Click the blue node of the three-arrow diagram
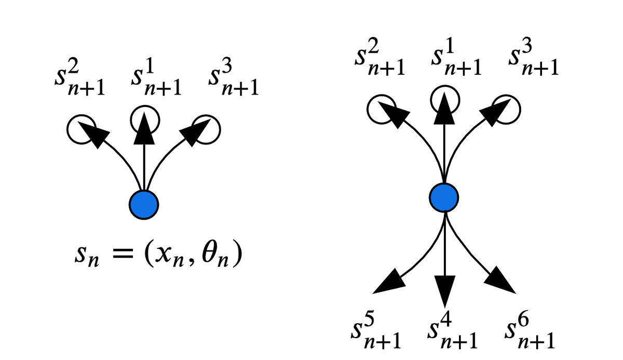pyautogui.click(x=143, y=205)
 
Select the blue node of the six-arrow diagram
pyautogui.click(x=444, y=197)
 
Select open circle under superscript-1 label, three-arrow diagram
pyautogui.click(x=144, y=120)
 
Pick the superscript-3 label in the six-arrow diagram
pyautogui.click(x=533, y=59)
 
